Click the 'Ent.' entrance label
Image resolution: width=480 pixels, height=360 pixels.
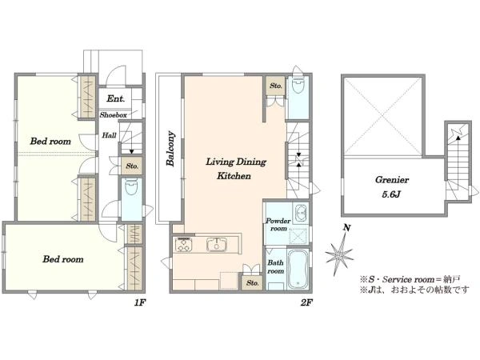[x=116, y=98]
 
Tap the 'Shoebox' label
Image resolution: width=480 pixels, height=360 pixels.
[x=114, y=115]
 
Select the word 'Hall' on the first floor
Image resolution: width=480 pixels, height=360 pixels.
[x=109, y=135]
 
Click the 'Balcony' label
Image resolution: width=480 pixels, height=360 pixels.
[x=170, y=149]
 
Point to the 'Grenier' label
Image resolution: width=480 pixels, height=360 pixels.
[x=392, y=180]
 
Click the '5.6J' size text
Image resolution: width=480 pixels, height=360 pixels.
[x=391, y=194]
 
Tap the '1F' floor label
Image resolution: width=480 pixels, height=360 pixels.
[x=139, y=302]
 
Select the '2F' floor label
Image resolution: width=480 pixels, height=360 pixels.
[x=306, y=302]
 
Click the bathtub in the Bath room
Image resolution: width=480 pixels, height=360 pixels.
[x=298, y=270]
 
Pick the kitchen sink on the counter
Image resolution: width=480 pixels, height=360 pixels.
[x=217, y=245]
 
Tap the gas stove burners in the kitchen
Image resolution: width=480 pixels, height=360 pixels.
[x=183, y=245]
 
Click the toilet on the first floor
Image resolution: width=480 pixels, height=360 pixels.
[x=132, y=187]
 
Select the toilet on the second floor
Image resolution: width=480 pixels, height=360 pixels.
[x=298, y=84]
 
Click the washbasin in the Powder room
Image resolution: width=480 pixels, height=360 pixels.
[x=301, y=212]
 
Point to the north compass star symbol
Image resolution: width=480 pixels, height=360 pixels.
[x=339, y=254]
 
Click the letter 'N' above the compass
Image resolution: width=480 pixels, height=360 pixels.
[x=346, y=228]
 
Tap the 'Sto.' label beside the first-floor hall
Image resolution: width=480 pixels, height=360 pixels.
[x=132, y=166]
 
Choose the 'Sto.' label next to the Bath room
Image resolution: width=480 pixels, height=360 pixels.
[x=252, y=283]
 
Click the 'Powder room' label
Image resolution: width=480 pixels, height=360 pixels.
[x=278, y=224]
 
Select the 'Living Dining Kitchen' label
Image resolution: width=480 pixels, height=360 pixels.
[x=235, y=169]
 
